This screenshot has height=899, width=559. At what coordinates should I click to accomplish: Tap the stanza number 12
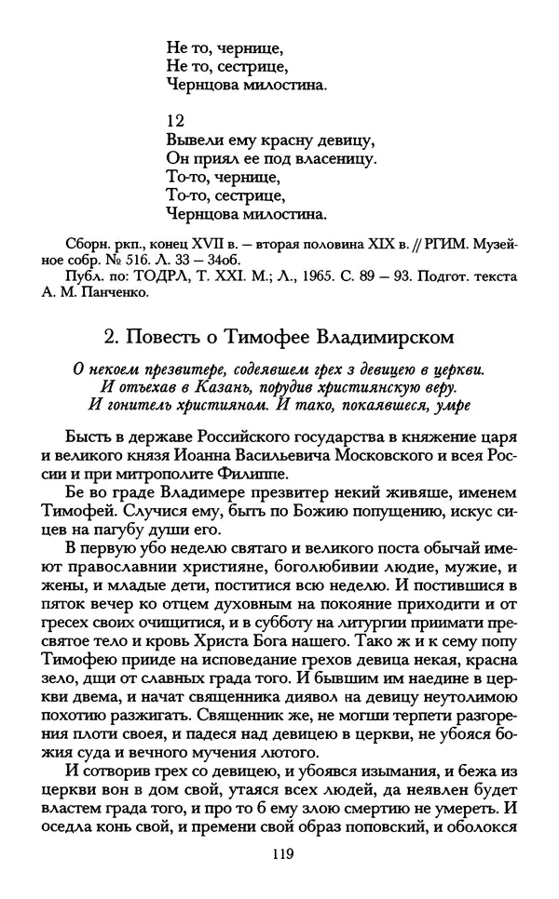tap(174, 119)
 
